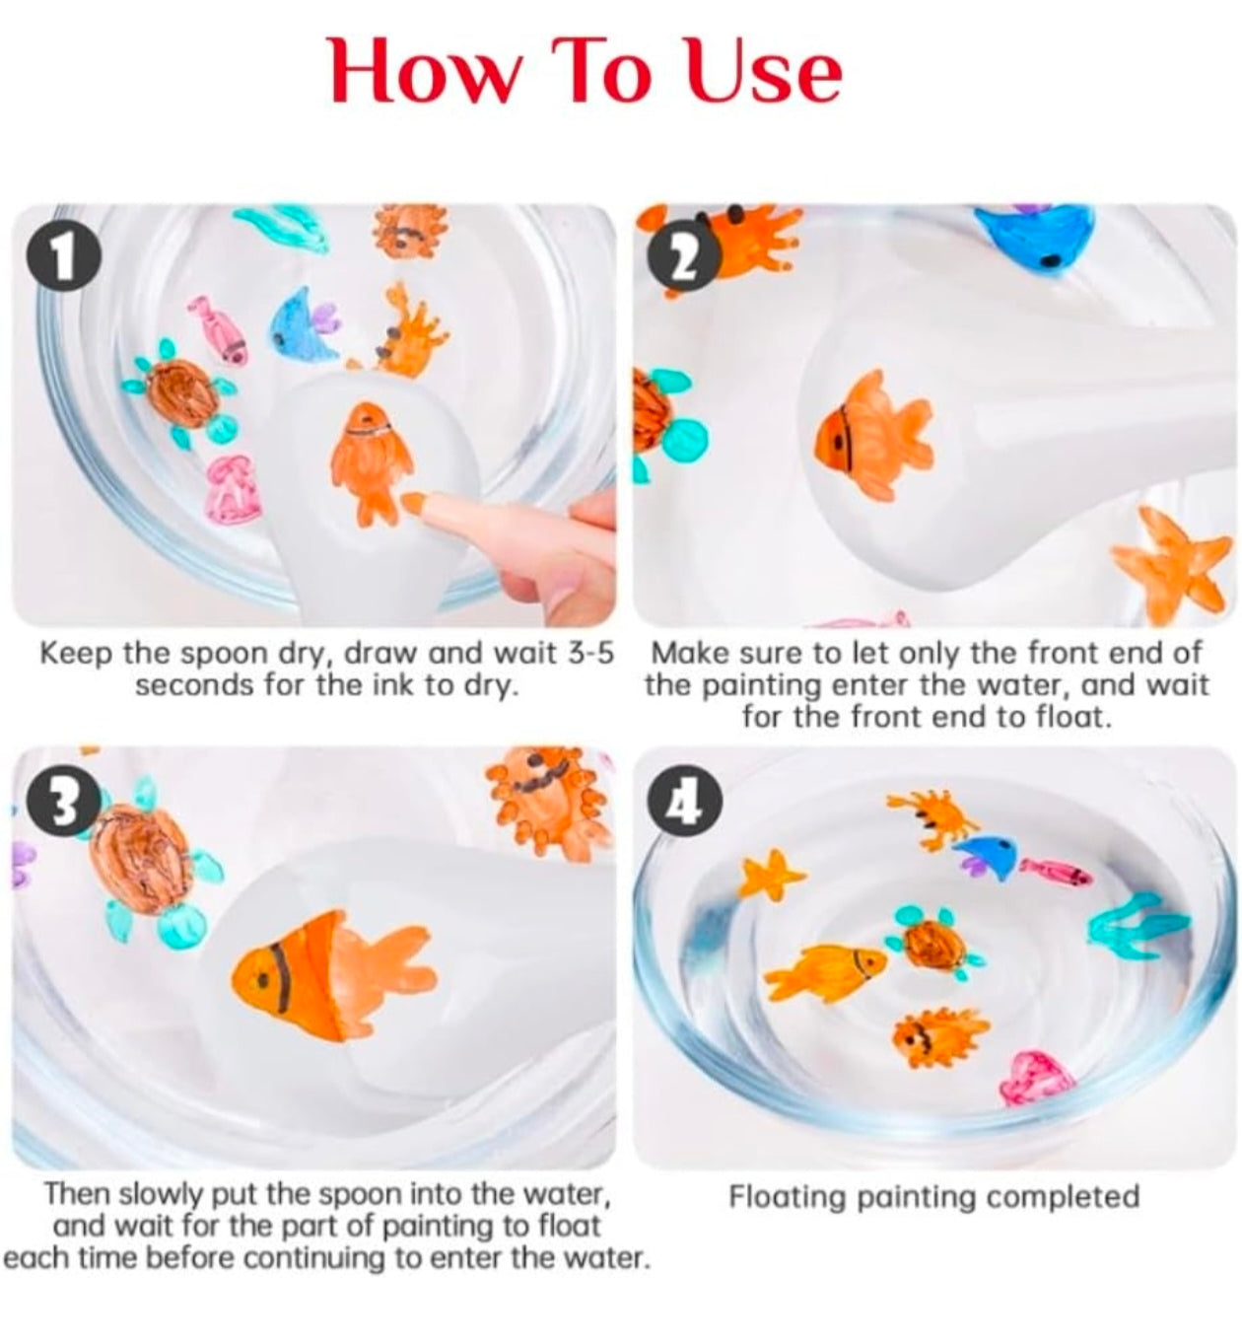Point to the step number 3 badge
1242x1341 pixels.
64,803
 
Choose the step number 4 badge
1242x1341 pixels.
685,803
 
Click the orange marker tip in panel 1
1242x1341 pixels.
412,502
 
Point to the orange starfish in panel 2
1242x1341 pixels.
1172,562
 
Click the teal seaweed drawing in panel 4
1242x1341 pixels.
1138,928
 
